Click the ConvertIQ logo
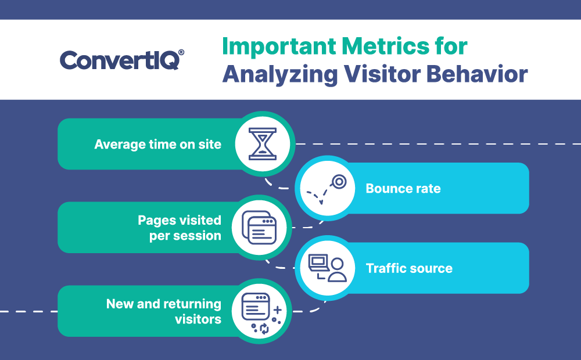tap(122, 60)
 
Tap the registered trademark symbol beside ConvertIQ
tap(181, 52)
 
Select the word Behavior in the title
tap(477, 74)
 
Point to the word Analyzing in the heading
tap(280, 75)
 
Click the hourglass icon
tap(263, 144)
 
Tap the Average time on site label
tap(158, 144)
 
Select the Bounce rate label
tap(403, 189)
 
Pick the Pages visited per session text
tap(180, 228)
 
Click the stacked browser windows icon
tap(259, 228)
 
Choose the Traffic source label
tap(409, 268)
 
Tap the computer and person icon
tap(328, 268)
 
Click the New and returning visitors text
tap(164, 311)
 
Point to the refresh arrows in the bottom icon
tap(264, 328)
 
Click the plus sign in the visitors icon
tap(278, 310)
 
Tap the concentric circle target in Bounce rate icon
tap(339, 182)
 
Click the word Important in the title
tap(279, 46)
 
